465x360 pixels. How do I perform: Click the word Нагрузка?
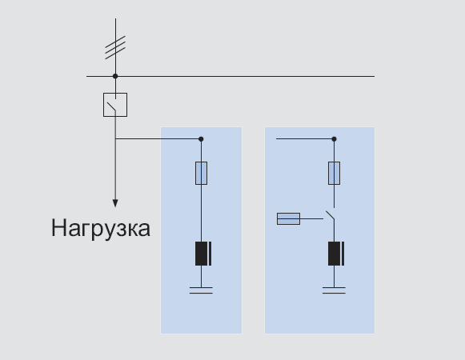click(x=101, y=229)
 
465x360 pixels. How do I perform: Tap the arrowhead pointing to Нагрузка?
click(x=115, y=203)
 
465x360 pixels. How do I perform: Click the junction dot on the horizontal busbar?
click(x=115, y=76)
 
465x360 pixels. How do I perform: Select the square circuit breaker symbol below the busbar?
click(x=115, y=105)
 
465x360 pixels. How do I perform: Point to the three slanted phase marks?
click(x=115, y=47)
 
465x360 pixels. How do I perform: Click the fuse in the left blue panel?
click(x=201, y=173)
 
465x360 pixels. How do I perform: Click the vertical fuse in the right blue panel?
click(x=335, y=173)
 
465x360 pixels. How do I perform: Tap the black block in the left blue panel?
click(x=203, y=254)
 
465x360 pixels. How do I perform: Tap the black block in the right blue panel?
click(x=336, y=254)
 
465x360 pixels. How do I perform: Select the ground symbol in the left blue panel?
click(x=201, y=290)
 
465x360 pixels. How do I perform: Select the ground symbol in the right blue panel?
click(x=334, y=290)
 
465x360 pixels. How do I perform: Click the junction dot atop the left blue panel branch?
click(x=201, y=138)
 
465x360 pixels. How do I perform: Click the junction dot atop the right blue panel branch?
click(x=335, y=138)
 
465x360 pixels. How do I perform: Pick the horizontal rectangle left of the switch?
click(x=289, y=219)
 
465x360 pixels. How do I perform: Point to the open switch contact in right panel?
click(x=330, y=215)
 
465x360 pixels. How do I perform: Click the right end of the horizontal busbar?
click(x=375, y=76)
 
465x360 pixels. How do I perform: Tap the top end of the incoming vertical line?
click(x=116, y=18)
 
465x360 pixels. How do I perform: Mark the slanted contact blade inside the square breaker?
click(x=111, y=106)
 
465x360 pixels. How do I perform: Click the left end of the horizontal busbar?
click(x=86, y=76)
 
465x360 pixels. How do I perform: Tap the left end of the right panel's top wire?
click(x=276, y=138)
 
